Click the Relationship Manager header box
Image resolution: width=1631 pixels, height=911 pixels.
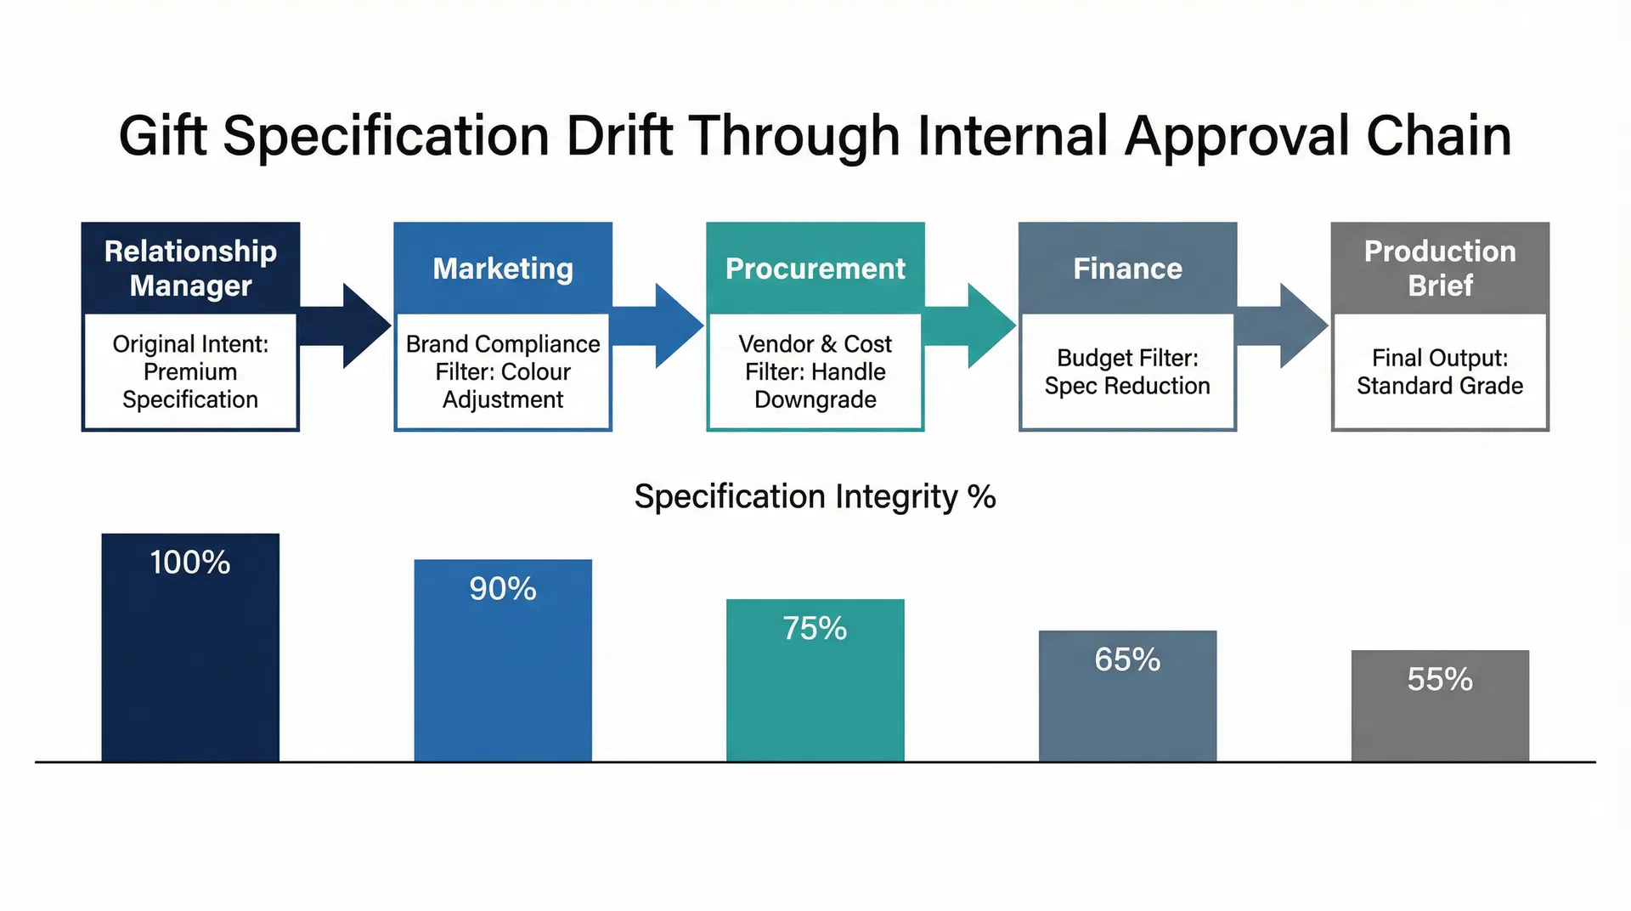coord(190,268)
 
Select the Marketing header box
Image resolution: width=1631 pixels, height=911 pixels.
coord(503,268)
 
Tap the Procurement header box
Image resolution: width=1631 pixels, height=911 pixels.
coord(815,268)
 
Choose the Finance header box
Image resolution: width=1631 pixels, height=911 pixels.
coord(1127,268)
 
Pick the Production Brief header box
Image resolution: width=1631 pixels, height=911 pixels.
coord(1440,268)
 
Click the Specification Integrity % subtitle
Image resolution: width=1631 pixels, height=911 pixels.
coord(815,497)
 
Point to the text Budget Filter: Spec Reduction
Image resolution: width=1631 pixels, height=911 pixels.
coord(1127,372)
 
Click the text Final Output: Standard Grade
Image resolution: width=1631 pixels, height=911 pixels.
coord(1440,372)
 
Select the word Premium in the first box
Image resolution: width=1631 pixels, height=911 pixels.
coord(190,372)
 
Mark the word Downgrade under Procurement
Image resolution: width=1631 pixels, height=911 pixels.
coord(815,399)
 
